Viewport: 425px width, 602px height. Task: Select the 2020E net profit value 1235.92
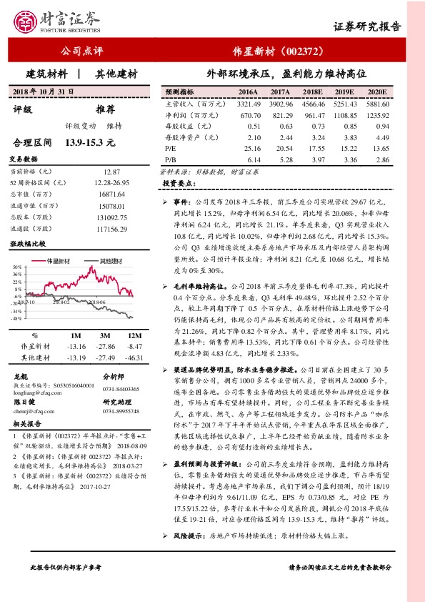tap(376, 114)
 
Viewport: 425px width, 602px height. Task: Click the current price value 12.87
tap(113, 172)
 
